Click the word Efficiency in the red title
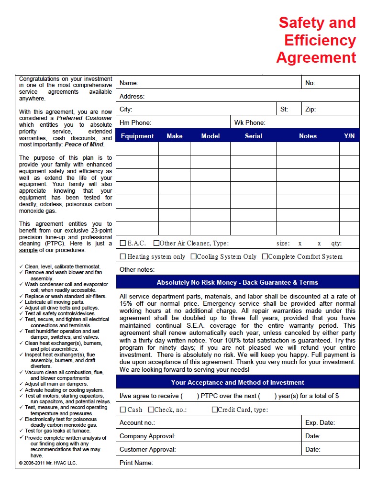pos(320,40)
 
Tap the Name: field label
pos(129,83)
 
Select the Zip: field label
pos(310,110)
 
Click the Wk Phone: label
pos(250,123)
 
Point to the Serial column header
pos(253,136)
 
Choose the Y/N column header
pos(349,136)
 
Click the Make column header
pos(175,136)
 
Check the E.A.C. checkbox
pos(123,243)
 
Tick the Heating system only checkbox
pos(123,256)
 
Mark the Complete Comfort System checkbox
pos(265,256)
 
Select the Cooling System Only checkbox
pos(194,256)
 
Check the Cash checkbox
pos(123,410)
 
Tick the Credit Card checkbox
pos(215,410)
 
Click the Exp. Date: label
pos(320,423)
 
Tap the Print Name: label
pos(136,463)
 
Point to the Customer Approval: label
pos(147,449)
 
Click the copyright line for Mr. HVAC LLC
pos(48,463)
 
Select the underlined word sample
pos(28,250)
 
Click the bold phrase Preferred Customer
pos(84,118)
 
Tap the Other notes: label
pos(137,269)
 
